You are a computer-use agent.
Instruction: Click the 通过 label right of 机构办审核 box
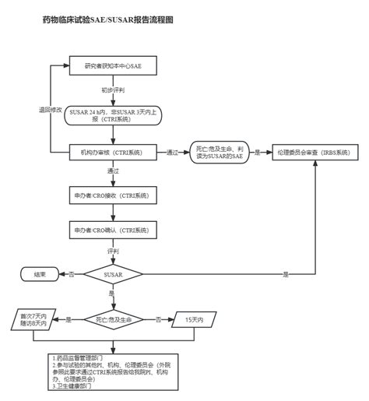174,152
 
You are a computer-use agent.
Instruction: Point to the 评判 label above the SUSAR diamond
113,252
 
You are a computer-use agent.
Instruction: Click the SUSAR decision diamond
113,275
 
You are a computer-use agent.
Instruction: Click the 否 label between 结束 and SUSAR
72,275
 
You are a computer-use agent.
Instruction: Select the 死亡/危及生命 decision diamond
113,319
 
